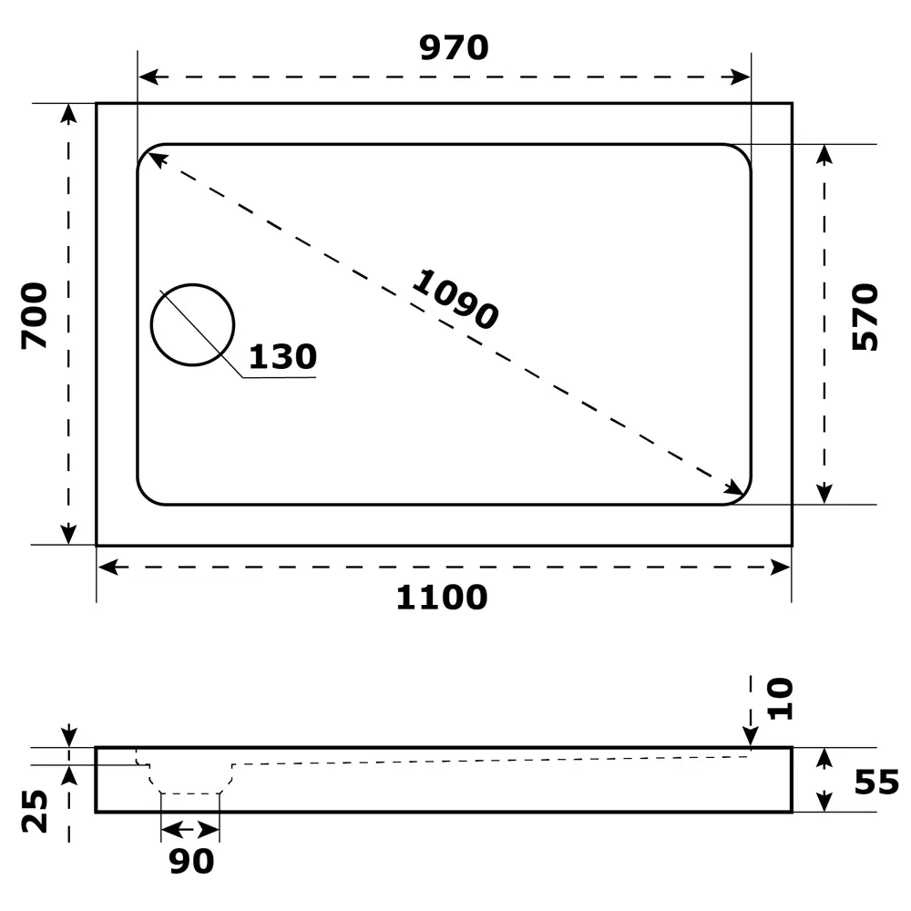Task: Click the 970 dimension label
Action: pos(454,47)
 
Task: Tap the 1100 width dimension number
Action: pos(442,598)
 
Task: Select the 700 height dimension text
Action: pos(35,316)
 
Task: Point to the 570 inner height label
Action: pos(865,317)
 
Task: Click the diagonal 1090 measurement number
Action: pos(455,299)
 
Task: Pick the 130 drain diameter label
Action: pos(281,357)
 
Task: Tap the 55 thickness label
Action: pos(876,782)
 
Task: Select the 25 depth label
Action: pos(35,811)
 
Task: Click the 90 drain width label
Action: pos(191,861)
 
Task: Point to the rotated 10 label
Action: pos(780,699)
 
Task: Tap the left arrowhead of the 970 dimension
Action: pos(147,77)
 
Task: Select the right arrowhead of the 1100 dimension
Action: pos(782,568)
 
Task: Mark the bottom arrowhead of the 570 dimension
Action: pos(824,493)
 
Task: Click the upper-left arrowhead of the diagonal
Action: pos(157,160)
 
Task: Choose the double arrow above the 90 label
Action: pos(190,829)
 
